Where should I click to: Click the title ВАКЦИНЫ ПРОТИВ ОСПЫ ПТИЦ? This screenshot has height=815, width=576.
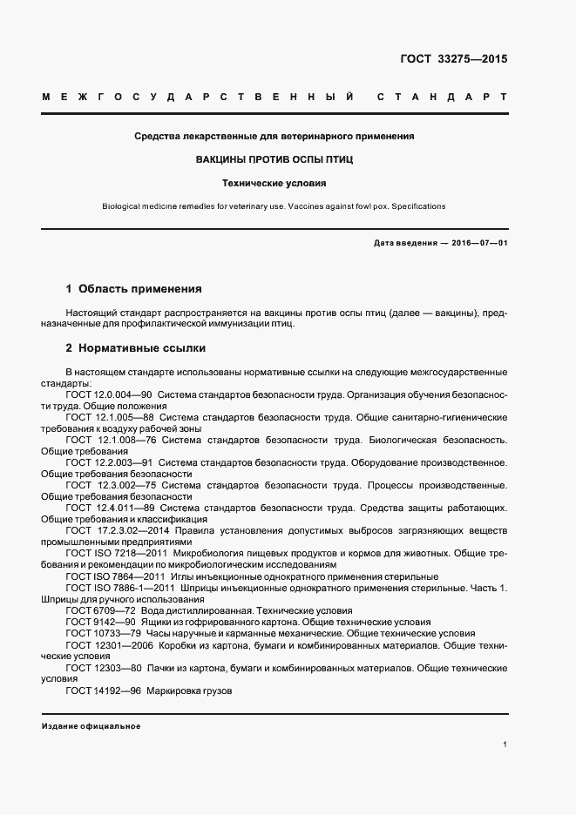pyautogui.click(x=274, y=161)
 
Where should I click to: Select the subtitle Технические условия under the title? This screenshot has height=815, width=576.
pyautogui.click(x=274, y=184)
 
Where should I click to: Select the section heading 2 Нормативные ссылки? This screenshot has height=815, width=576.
pyautogui.click(x=136, y=348)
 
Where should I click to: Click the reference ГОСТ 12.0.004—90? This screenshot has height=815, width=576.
pyautogui.click(x=109, y=394)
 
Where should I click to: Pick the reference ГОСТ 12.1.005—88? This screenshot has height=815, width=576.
pyautogui.click(x=109, y=417)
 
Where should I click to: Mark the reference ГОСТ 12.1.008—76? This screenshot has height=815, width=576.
pyautogui.click(x=111, y=440)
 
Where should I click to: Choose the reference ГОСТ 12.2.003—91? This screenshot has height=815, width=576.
pyautogui.click(x=110, y=462)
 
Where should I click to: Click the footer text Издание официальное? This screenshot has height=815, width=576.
pyautogui.click(x=91, y=726)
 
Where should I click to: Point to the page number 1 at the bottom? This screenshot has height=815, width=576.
pyautogui.click(x=505, y=744)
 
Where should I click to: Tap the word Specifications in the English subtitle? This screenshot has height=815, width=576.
pyautogui.click(x=417, y=206)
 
